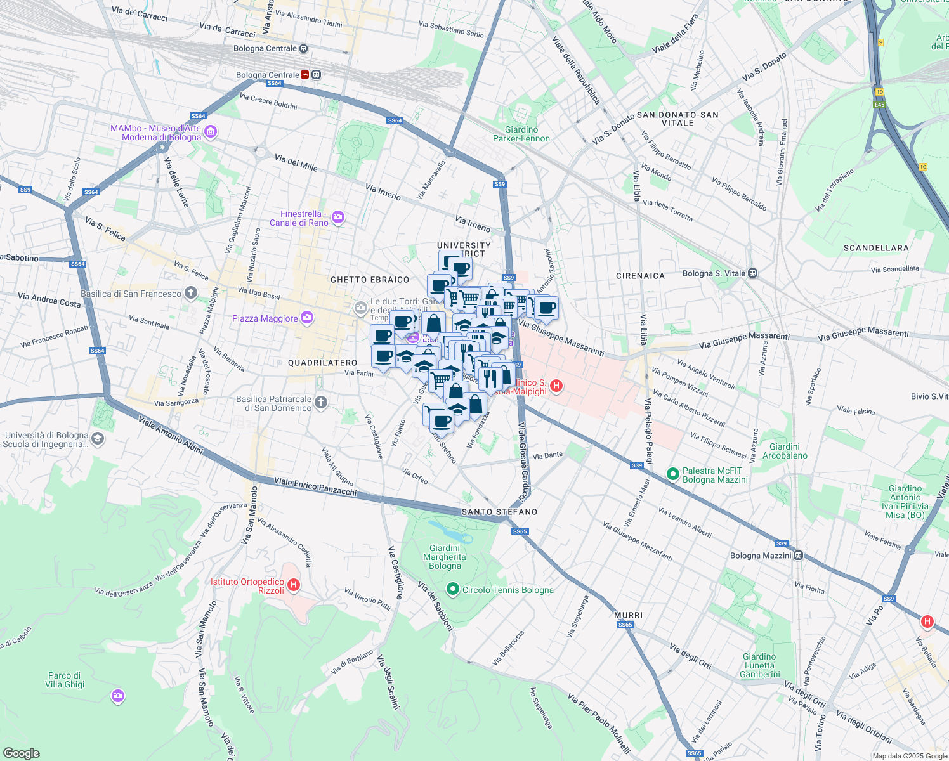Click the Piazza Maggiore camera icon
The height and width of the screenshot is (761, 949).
(307, 318)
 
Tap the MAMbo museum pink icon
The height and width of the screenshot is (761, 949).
(211, 133)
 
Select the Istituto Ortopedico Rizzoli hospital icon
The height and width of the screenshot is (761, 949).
(293, 585)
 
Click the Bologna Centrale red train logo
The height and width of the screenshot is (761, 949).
(305, 75)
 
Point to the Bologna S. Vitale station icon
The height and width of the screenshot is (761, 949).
(752, 273)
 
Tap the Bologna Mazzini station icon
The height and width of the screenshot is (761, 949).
(798, 556)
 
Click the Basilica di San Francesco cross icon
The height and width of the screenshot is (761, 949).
(190, 293)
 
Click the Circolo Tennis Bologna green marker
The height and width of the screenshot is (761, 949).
(452, 590)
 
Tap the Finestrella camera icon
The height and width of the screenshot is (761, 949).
(338, 218)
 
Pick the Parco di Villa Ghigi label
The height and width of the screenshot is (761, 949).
(65, 680)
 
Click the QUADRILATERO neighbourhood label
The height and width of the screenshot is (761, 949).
(322, 363)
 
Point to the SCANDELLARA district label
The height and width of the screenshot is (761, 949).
(875, 248)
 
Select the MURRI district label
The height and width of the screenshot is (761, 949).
(628, 615)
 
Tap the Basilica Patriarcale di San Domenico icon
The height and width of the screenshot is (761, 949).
(321, 403)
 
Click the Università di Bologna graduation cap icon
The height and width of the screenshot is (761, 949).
(97, 439)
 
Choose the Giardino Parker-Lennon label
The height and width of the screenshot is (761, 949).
(521, 134)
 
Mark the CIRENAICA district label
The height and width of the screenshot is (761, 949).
(640, 276)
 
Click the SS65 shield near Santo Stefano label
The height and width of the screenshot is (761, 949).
(520, 531)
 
